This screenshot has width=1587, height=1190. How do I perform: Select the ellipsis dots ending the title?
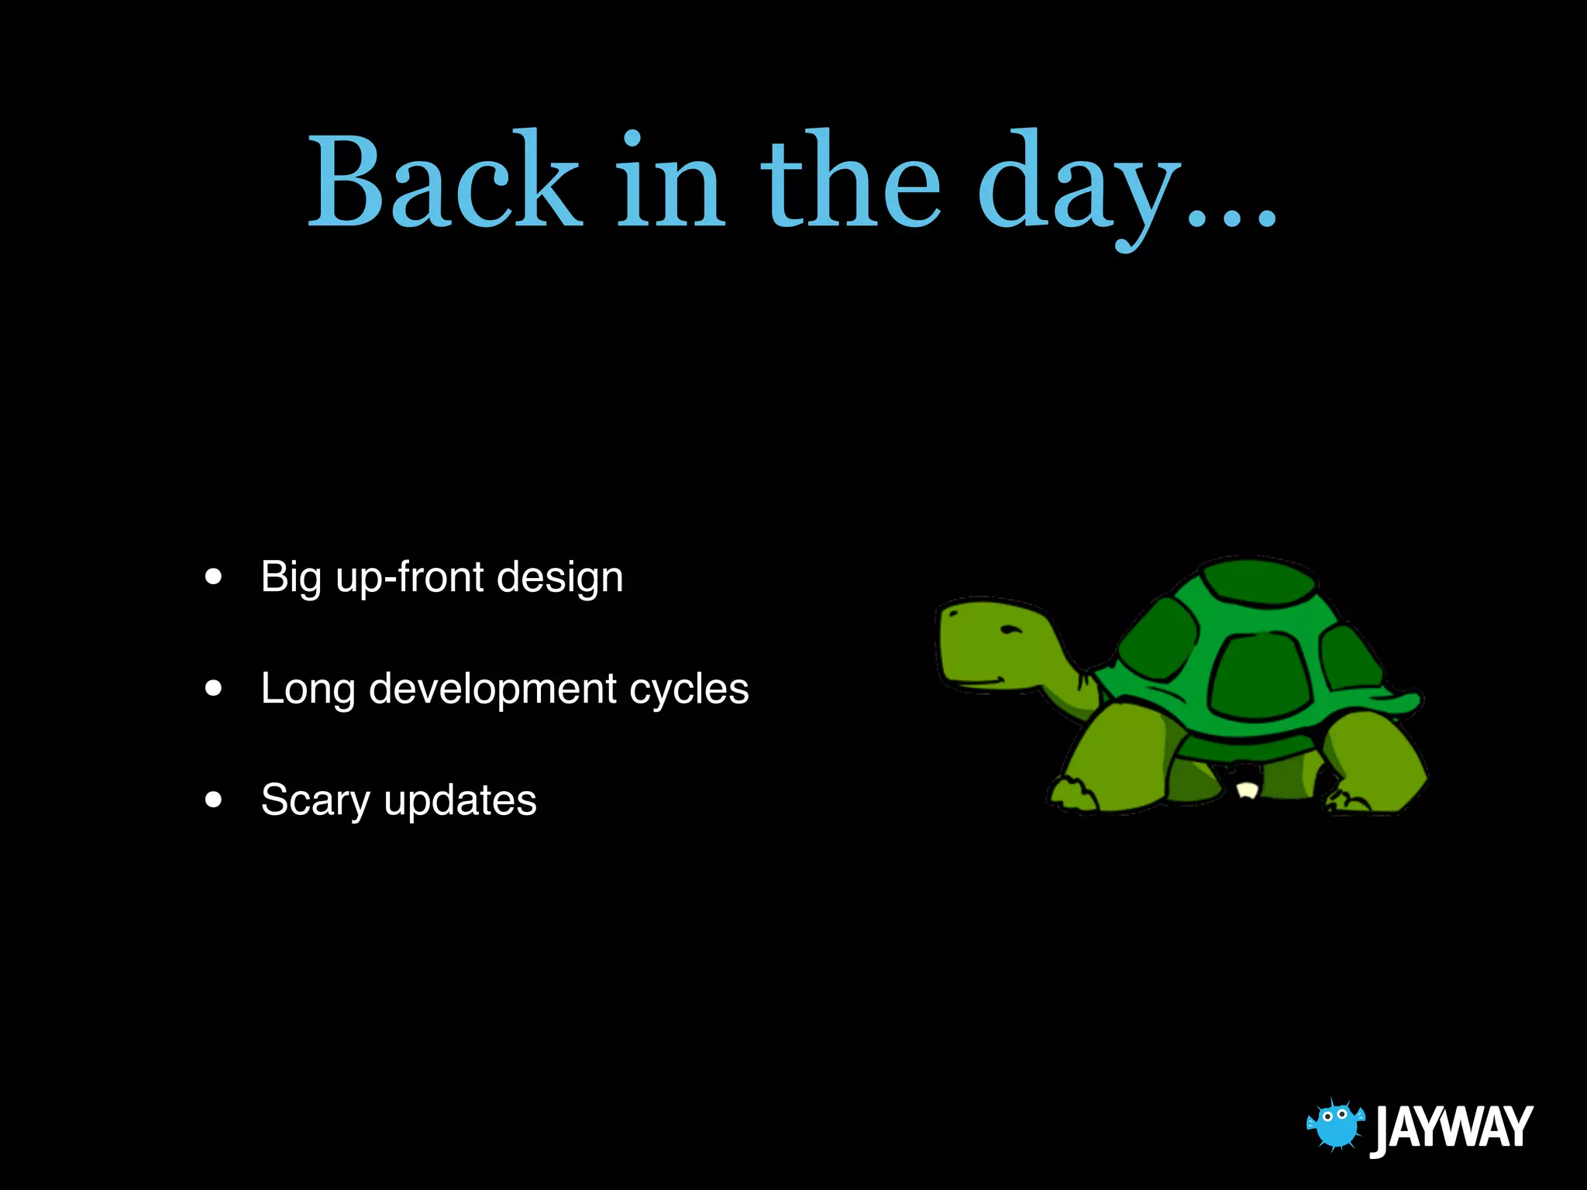pos(1232,221)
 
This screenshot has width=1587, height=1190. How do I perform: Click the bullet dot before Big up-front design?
pos(214,577)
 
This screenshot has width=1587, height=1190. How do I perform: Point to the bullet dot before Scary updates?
pos(214,800)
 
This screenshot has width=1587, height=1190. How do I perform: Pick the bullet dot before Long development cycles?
pos(214,688)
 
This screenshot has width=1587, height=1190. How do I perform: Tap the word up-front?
pos(410,578)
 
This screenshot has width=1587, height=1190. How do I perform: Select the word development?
pos(492,689)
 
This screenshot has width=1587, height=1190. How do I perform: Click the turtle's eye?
pos(1010,629)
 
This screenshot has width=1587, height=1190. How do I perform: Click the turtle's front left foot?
pos(1073,794)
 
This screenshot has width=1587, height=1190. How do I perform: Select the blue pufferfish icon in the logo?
pos(1335,1125)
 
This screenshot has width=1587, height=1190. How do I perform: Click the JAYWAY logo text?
pos(1453,1127)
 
